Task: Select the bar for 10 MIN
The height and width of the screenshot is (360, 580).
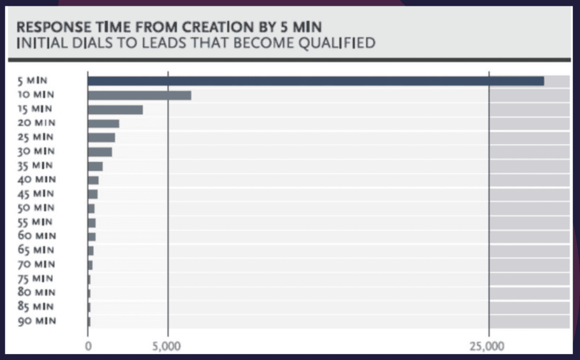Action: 139,95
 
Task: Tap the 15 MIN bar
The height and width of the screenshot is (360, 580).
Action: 115,110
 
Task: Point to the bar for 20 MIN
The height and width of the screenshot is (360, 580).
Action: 103,124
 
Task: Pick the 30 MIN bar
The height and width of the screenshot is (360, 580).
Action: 100,152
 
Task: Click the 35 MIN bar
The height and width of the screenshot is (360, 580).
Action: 95,166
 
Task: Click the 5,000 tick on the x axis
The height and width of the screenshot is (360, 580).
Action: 167,346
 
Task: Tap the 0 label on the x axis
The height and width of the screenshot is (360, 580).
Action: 88,346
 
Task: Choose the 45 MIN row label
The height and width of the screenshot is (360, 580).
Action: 36,194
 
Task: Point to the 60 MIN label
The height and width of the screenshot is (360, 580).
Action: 36,236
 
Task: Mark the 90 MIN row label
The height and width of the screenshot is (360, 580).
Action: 36,321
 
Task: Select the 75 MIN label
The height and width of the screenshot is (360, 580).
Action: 36,279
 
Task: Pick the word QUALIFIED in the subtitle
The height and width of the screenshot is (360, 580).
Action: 338,43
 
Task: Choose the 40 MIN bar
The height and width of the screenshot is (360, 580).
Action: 93,180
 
